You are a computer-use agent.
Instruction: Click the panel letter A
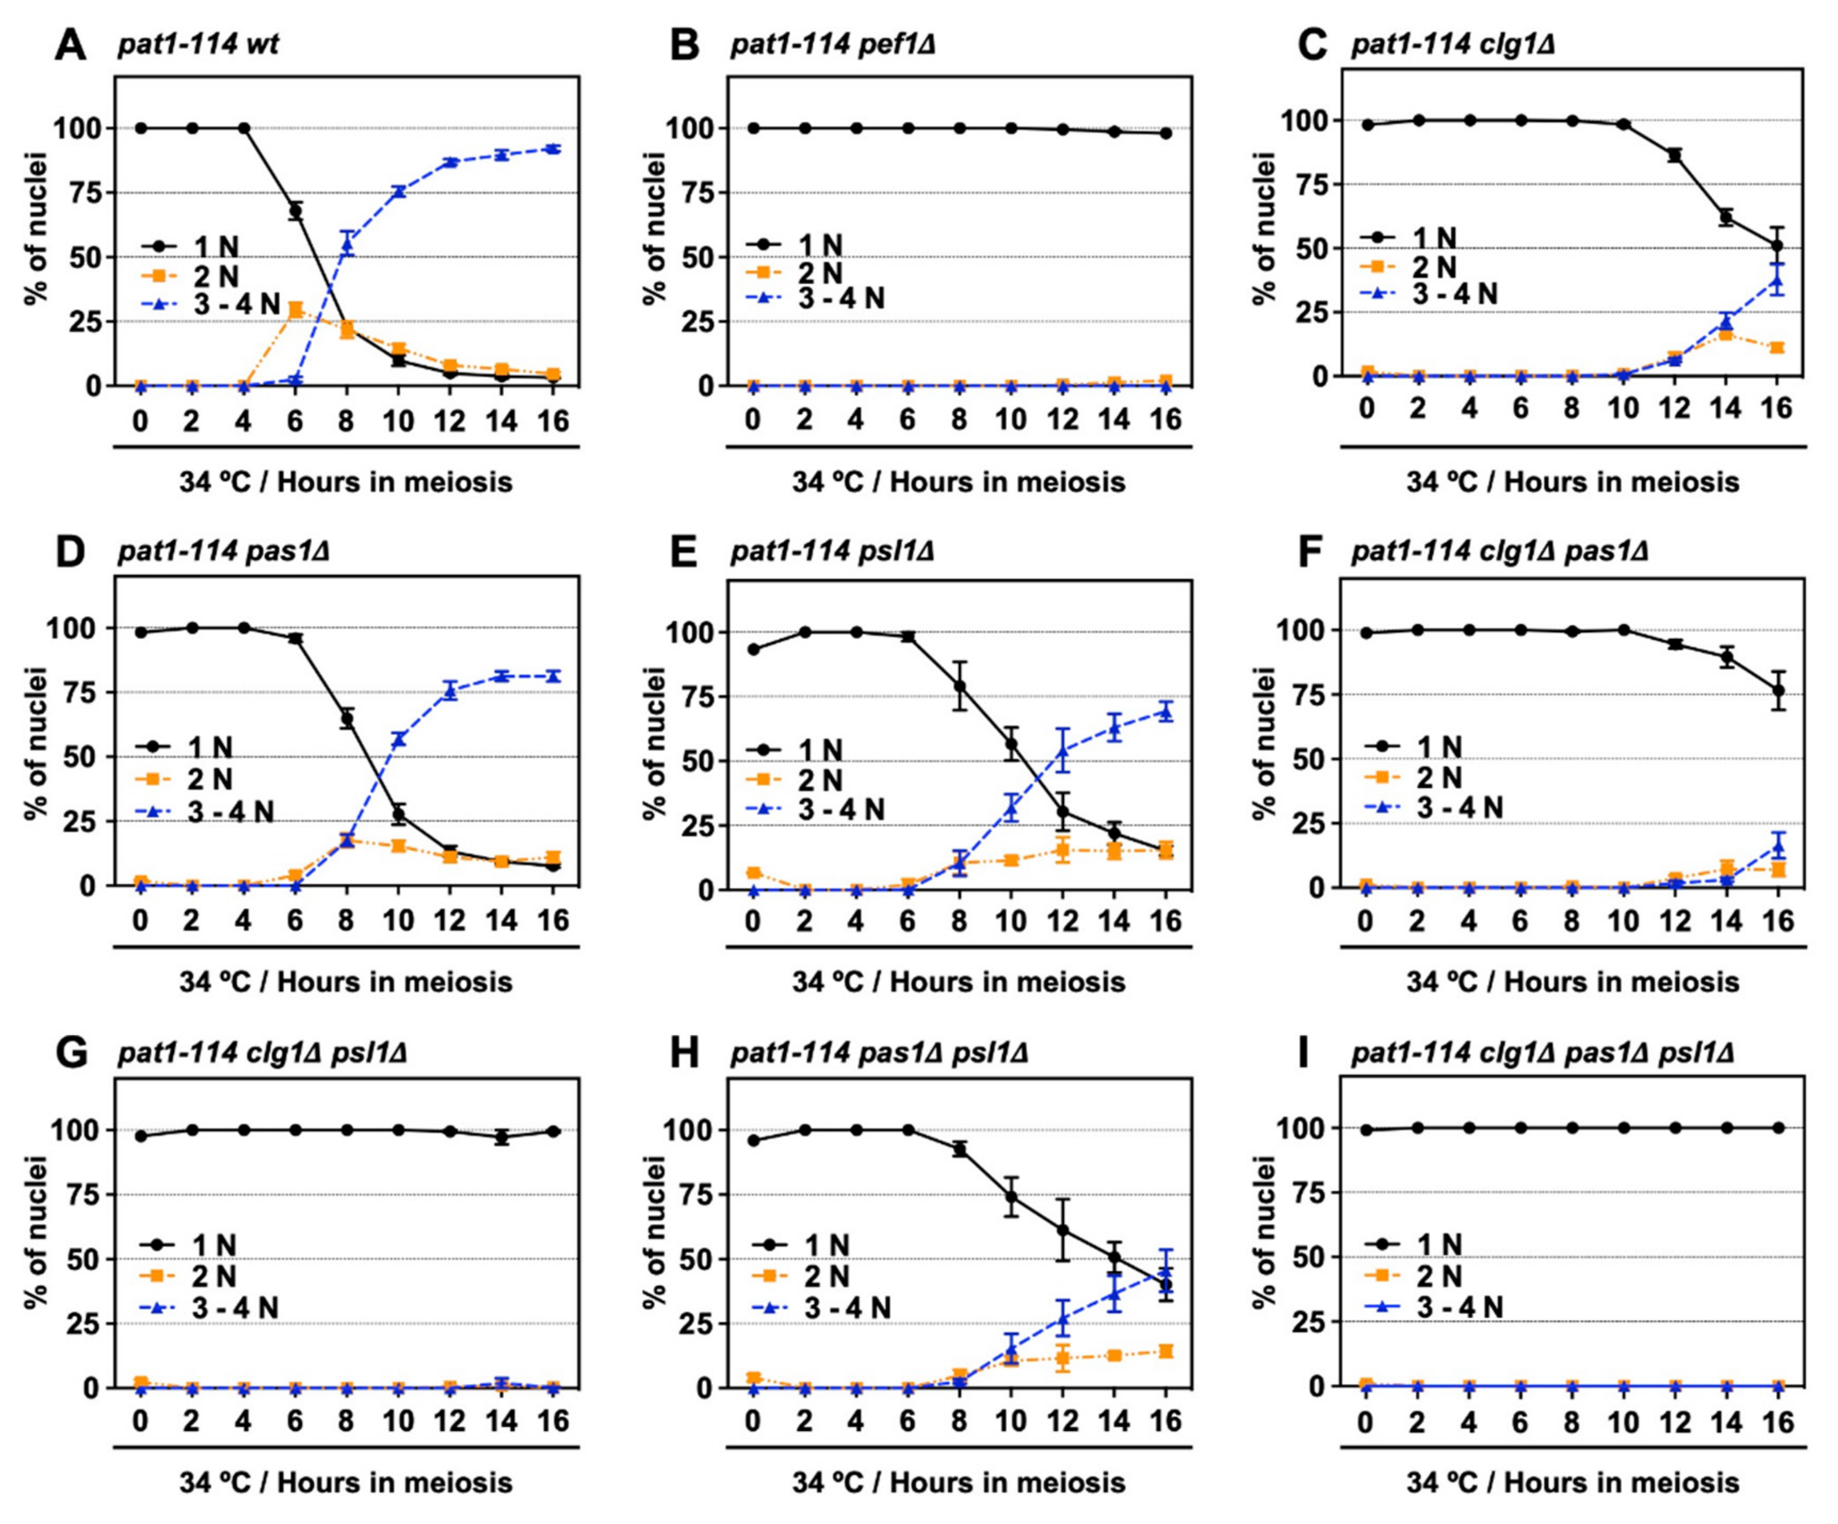point(70,44)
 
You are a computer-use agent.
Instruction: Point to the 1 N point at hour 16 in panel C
point(1777,246)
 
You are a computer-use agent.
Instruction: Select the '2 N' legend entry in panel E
point(820,780)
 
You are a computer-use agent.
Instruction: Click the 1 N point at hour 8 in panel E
point(959,686)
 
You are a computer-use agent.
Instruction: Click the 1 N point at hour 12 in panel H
point(1063,1230)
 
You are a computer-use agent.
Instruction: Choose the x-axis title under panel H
point(958,1483)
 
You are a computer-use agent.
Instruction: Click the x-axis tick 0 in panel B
point(752,420)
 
